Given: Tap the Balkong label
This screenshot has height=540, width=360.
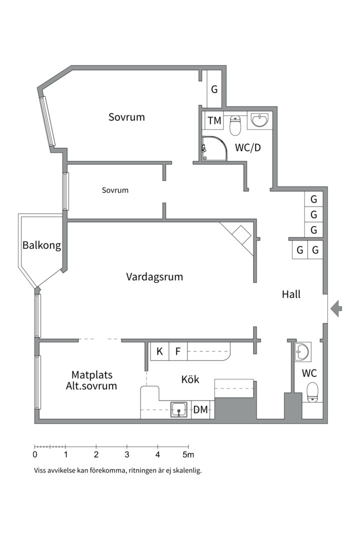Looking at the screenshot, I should pos(41,245).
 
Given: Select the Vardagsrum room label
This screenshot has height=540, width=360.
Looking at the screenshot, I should pos(154,276).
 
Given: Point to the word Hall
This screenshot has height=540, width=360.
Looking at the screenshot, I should pos(291,294).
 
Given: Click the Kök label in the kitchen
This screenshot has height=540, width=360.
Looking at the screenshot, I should pos(190,379).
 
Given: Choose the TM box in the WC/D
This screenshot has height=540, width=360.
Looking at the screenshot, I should pos(214,120).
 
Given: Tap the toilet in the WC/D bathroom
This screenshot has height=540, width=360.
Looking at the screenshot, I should pos(235,125).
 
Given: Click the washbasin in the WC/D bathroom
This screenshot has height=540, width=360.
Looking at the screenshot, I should pos(259,120).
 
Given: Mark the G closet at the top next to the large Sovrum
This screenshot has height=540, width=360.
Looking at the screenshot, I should pos(214,90).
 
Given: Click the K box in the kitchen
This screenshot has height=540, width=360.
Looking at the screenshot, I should pos(159,351).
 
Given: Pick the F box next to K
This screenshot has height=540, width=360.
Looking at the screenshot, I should pos(178,351).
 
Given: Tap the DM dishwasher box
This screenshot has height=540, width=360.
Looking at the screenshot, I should pos(200,410).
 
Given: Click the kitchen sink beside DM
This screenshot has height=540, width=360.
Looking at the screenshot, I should pos(179,409).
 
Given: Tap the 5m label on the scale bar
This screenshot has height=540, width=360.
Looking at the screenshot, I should pos(188,454).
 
